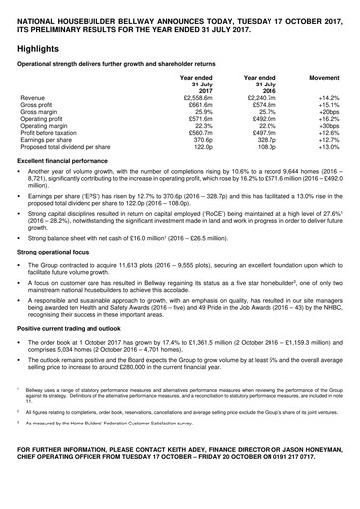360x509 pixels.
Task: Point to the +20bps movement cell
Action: [329, 115]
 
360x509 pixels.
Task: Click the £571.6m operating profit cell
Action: [200, 123]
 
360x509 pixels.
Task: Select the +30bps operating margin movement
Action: [329, 131]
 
